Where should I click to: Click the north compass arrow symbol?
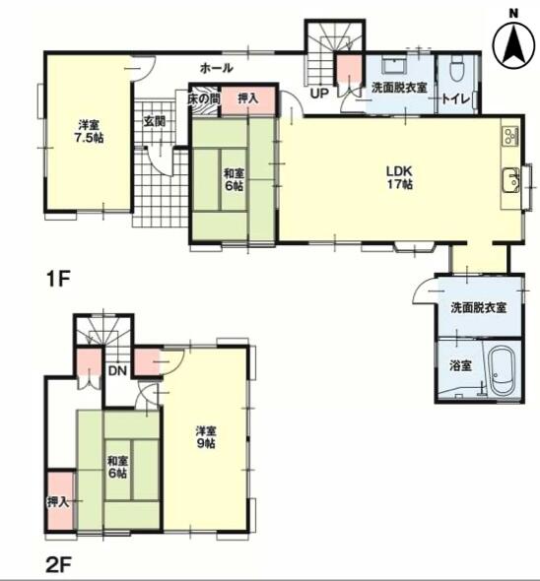513,44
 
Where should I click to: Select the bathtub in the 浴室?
503,371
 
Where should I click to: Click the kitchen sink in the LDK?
511,180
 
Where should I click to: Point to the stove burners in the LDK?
510,135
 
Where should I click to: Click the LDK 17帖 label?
399,178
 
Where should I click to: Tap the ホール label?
217,68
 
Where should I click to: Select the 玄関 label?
155,121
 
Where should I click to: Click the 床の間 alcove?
204,100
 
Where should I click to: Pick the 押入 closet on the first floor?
248,100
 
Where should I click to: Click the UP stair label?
319,94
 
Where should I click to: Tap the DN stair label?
118,370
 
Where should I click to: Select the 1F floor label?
58,279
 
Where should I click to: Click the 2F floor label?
58,565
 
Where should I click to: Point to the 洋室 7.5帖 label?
89,131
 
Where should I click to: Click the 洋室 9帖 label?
206,437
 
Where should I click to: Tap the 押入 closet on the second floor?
60,500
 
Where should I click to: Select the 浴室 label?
460,366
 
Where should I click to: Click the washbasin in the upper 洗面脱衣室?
394,66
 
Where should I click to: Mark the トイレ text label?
456,99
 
